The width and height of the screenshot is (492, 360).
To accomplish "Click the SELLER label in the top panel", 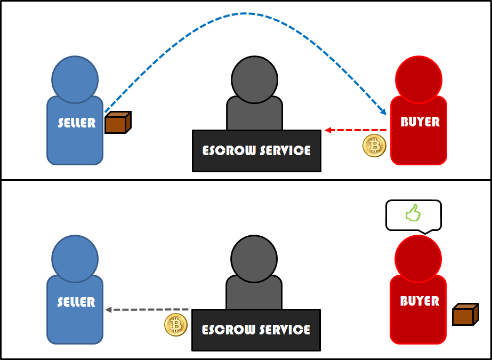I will coord(76,123).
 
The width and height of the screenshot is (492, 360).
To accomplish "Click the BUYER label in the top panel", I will coord(420,122).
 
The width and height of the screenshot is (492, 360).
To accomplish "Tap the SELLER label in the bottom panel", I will coord(76,302).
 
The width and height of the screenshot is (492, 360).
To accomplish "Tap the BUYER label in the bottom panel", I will coord(420,301).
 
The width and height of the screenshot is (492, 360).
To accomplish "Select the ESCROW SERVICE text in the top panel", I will coord(256,150).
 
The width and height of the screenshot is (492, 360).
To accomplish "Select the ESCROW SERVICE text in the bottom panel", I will coord(256,330).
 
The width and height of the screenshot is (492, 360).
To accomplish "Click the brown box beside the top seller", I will coord(117,123).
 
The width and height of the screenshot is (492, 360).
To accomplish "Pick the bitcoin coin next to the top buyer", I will coord(374,146).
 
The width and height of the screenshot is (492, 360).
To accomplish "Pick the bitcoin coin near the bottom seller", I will coord(176,325).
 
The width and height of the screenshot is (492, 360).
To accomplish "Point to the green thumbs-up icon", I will coord(413,214).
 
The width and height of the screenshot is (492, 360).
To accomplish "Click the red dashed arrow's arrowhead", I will coord(328,130).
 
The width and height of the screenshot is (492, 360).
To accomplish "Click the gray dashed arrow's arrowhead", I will coord(108,309).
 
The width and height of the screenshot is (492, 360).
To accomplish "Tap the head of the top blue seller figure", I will coord(75,80).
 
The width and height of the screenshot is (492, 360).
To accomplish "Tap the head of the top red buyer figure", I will coord(418,79).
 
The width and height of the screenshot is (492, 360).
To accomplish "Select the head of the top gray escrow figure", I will coord(254,80).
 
